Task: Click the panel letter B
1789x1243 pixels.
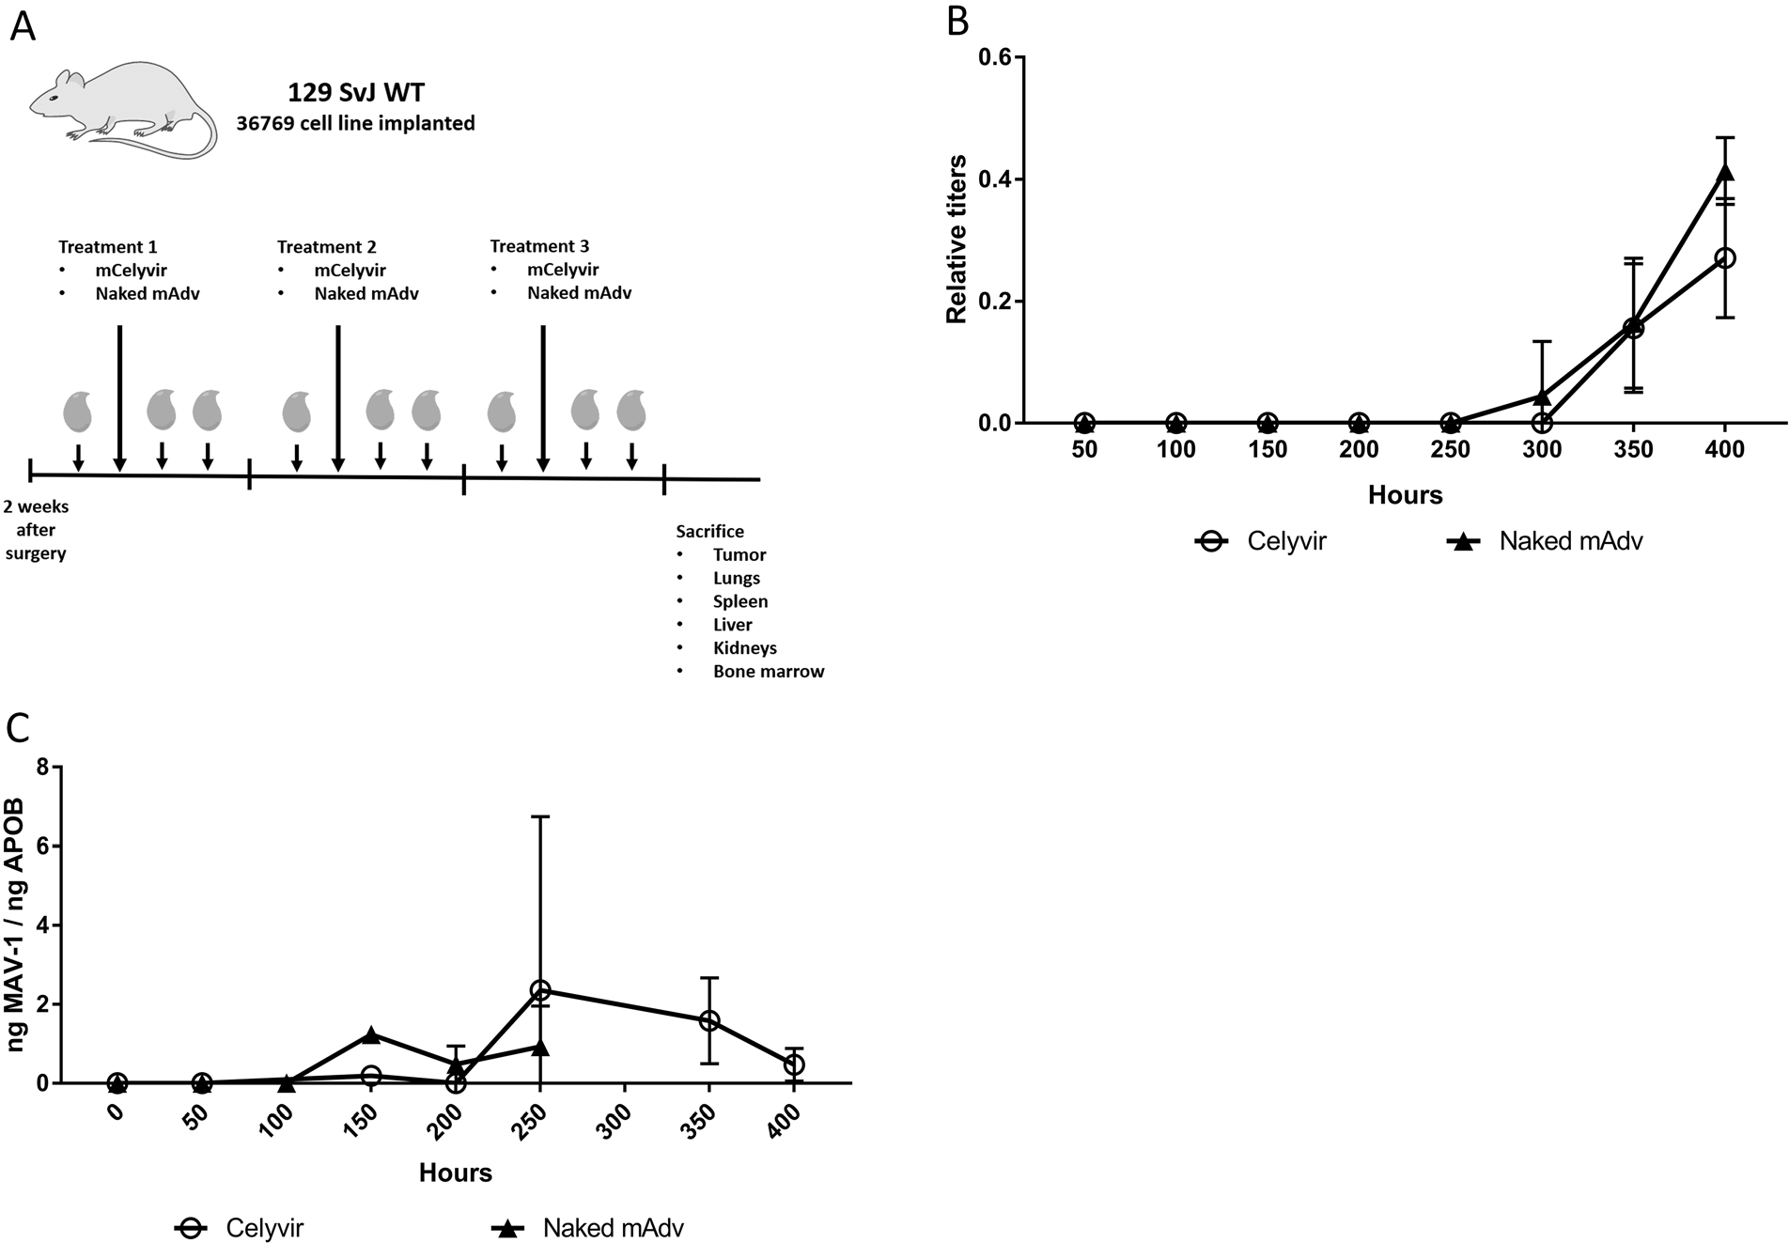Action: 957,21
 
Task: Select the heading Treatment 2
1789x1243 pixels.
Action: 326,247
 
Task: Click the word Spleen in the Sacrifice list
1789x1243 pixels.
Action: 739,601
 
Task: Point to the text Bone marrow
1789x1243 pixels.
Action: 768,672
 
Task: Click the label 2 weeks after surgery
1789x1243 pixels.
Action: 36,530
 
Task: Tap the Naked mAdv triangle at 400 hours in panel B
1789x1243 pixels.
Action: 1725,172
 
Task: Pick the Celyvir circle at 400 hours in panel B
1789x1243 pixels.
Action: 1725,257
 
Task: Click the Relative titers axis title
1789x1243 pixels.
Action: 957,240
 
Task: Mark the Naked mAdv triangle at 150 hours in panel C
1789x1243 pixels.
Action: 371,1034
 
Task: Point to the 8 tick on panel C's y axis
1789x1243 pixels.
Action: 42,767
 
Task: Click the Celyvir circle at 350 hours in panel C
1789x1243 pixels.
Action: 709,1020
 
